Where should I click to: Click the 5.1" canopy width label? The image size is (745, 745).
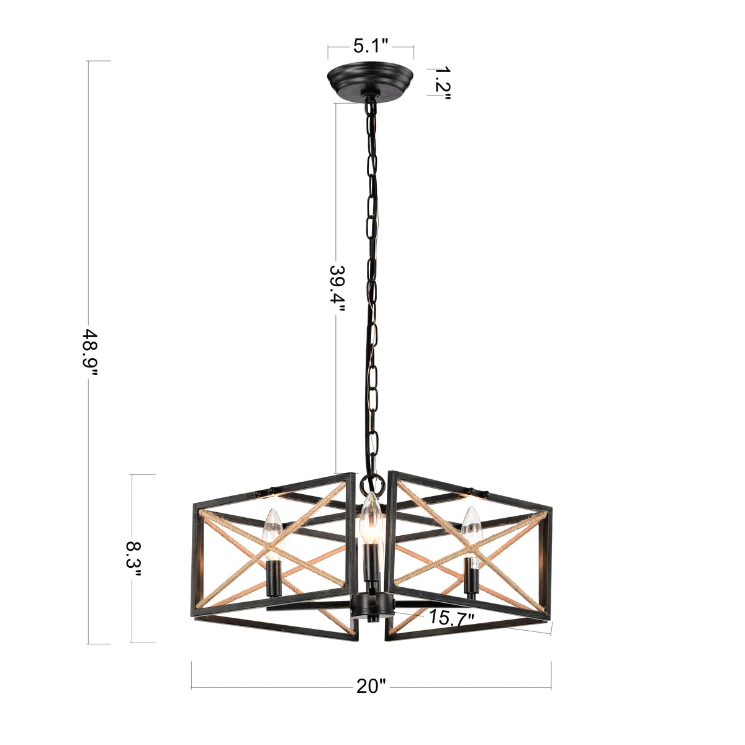pyautogui.click(x=371, y=45)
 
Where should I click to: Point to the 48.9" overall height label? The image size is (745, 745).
pyautogui.click(x=91, y=352)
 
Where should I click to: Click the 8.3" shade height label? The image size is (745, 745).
pyautogui.click(x=133, y=559)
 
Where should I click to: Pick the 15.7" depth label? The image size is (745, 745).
pyautogui.click(x=451, y=617)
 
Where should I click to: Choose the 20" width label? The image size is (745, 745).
pyautogui.click(x=371, y=686)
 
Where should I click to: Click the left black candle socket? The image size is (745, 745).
pyautogui.click(x=273, y=577)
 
